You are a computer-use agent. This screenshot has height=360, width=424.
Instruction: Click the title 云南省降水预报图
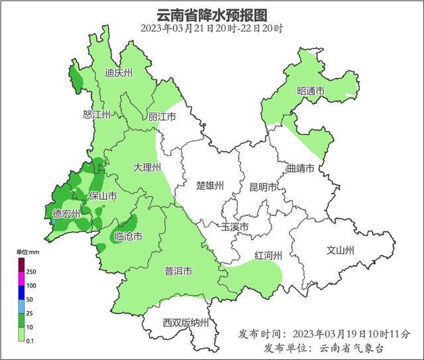pyautogui.click(x=212, y=15)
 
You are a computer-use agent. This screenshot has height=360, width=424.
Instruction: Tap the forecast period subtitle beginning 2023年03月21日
pyautogui.click(x=212, y=29)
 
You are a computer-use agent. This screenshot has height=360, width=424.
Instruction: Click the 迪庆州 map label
pyautogui.click(x=119, y=73)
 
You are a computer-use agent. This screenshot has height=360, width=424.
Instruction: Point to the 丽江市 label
pyautogui.click(x=162, y=117)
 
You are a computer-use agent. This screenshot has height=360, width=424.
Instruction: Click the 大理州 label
pyautogui.click(x=146, y=168)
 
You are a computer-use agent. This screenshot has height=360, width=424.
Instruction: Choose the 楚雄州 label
pyautogui.click(x=211, y=186)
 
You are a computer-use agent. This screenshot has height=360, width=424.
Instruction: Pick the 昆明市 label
pyautogui.click(x=263, y=188)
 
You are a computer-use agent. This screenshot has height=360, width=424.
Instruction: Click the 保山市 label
pyautogui.click(x=103, y=197)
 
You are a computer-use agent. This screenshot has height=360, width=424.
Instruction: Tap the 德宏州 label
pyautogui.click(x=66, y=213)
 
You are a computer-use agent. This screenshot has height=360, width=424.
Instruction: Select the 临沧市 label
pyautogui.click(x=128, y=237)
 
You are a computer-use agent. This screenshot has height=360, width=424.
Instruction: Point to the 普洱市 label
pyautogui.click(x=178, y=272)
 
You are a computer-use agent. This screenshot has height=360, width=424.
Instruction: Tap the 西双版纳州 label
pyautogui.click(x=185, y=324)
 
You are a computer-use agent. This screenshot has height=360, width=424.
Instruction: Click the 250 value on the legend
pyautogui.click(x=31, y=272)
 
